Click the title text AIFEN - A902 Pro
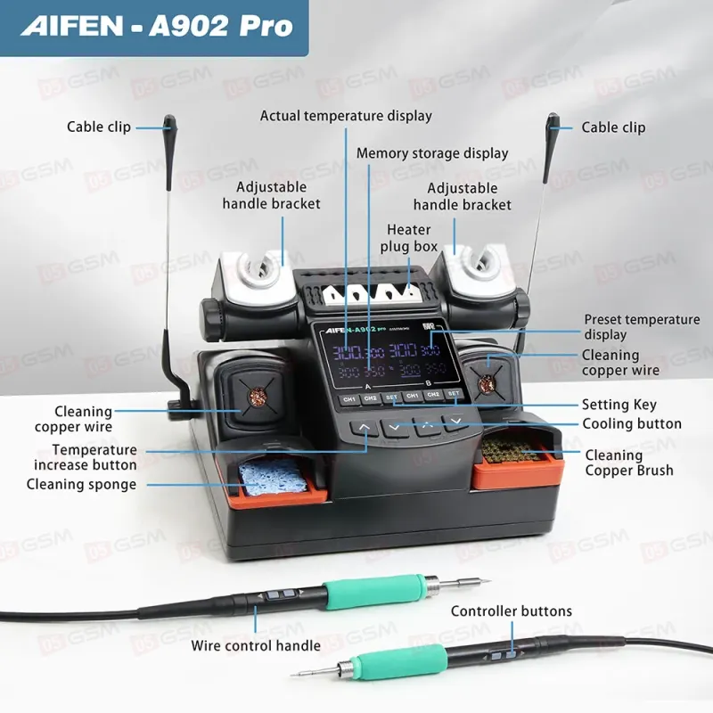157,26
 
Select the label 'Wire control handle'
256,645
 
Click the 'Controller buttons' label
511,611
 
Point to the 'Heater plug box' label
408,238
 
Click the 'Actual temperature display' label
346,116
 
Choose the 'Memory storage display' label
432,153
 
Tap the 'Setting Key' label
619,405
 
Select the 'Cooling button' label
631,424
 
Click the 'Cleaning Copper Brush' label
628,463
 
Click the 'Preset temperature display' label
642,327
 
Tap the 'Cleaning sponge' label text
81,485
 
